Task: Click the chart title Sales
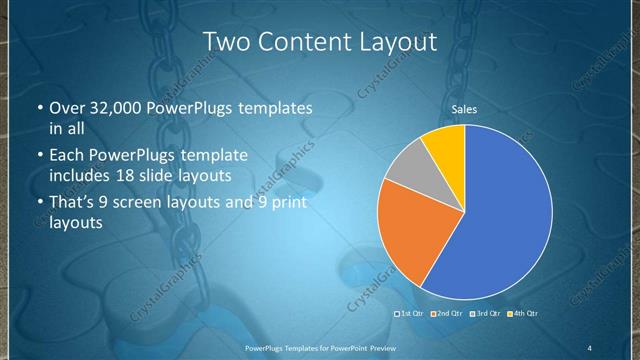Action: pos(463,110)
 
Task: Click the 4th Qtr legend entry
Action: pos(521,313)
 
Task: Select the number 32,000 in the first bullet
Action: pos(111,108)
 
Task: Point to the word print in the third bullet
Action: pos(284,203)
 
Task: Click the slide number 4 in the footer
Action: pos(590,347)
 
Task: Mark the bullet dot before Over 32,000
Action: pos(38,108)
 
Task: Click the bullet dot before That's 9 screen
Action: pos(38,203)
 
